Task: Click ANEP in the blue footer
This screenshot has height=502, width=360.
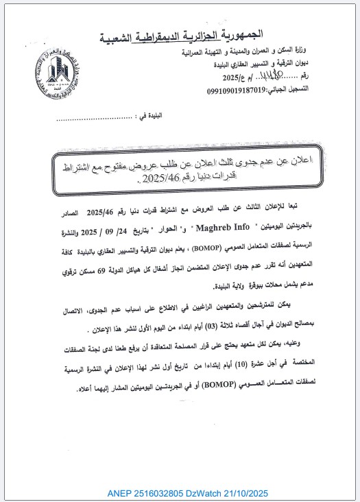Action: [120, 493]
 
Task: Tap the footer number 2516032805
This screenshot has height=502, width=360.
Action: [162, 493]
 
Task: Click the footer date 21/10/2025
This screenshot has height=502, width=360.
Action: [254, 493]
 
